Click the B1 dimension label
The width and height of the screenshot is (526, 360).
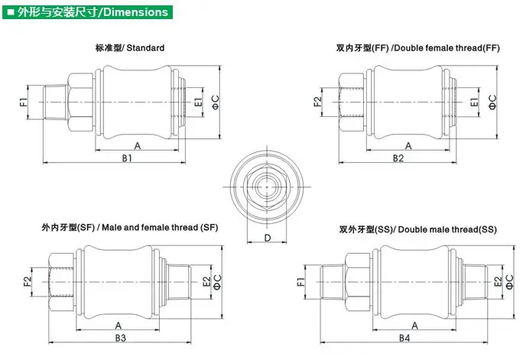(127, 158)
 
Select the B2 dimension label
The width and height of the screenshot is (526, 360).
(398, 158)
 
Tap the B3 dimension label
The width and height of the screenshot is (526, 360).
(121, 338)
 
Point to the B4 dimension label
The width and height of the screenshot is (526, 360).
(404, 338)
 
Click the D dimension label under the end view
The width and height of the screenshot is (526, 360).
(268, 238)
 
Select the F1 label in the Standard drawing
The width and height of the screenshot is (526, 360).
(23, 102)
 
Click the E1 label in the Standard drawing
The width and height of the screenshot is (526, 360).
(199, 102)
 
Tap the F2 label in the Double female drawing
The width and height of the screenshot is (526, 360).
(317, 102)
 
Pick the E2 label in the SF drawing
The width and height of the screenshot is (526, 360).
(206, 281)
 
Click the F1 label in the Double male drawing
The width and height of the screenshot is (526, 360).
(301, 282)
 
